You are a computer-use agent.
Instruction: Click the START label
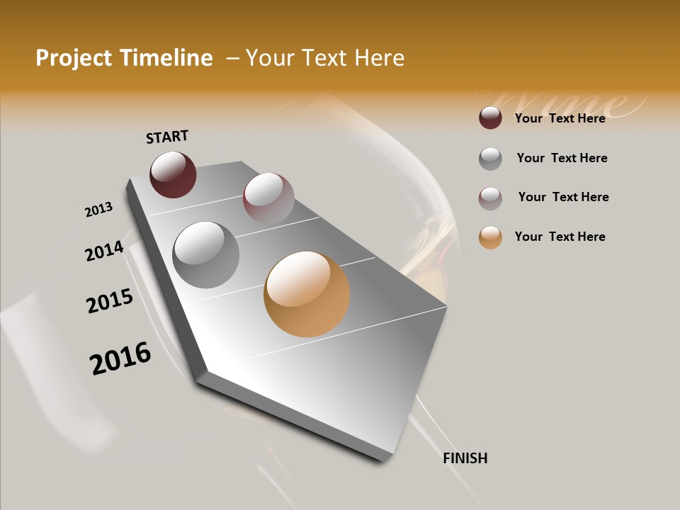pyautogui.click(x=167, y=137)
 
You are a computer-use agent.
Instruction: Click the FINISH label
pyautogui.click(x=465, y=458)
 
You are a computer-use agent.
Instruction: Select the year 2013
pyautogui.click(x=98, y=210)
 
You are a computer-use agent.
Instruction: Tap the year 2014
pyautogui.click(x=104, y=251)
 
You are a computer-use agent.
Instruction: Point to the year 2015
pyautogui.click(x=110, y=301)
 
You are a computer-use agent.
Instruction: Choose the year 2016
pyautogui.click(x=120, y=358)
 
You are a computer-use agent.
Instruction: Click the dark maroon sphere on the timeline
pyautogui.click(x=173, y=174)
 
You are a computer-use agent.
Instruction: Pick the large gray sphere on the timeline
pyautogui.click(x=206, y=255)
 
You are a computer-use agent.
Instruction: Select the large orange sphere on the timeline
pyautogui.click(x=307, y=294)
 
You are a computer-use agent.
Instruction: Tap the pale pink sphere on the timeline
pyautogui.click(x=268, y=198)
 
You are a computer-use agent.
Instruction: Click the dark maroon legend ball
pyautogui.click(x=490, y=118)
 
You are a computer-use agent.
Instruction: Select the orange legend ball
pyautogui.click(x=490, y=237)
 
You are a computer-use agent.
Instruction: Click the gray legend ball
pyautogui.click(x=490, y=159)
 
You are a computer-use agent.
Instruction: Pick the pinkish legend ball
pyautogui.click(x=490, y=198)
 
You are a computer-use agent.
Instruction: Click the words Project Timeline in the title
pyautogui.click(x=124, y=58)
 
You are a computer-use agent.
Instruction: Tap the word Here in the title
pyautogui.click(x=379, y=58)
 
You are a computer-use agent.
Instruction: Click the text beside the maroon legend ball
pyautogui.click(x=560, y=118)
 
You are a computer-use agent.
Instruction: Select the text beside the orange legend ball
pyautogui.click(x=560, y=237)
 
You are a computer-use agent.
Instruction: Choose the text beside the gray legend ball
pyautogui.click(x=562, y=158)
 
